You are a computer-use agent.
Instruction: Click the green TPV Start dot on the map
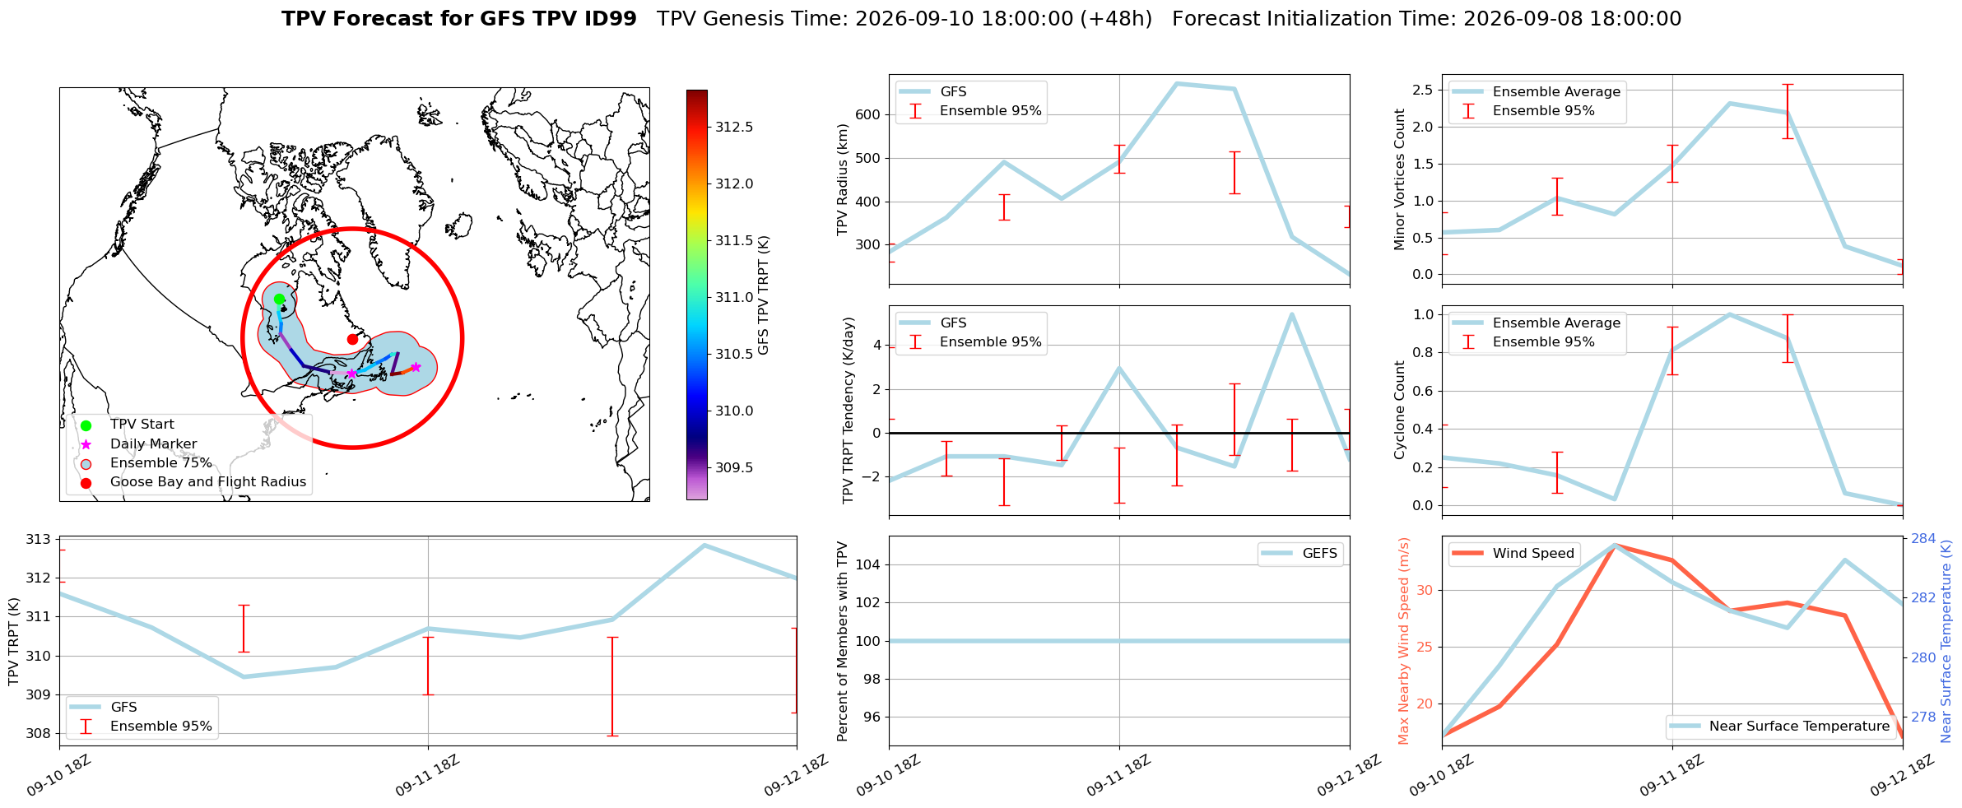[x=279, y=299]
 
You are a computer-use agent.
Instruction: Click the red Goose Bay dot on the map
[x=352, y=339]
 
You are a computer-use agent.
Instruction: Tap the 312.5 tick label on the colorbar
[x=734, y=127]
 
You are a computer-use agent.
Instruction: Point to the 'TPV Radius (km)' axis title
[x=842, y=179]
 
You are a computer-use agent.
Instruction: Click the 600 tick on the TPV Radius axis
[x=870, y=114]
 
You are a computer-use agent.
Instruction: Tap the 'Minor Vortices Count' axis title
[x=1400, y=179]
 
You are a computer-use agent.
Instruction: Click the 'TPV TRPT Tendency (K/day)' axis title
[x=848, y=411]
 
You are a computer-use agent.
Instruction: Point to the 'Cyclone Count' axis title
[x=1400, y=410]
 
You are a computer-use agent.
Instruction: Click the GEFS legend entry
[x=1300, y=553]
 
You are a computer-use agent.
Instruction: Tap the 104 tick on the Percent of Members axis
[x=870, y=564]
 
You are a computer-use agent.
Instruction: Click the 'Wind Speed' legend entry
[x=1513, y=553]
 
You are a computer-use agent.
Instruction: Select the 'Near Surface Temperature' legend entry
[x=1779, y=726]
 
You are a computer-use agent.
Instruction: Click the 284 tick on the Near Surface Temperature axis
[x=1923, y=538]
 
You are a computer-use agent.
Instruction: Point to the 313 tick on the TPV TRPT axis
[x=38, y=540]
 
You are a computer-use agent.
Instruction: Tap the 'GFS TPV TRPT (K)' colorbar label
[x=764, y=295]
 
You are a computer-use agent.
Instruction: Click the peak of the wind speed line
[x=1615, y=545]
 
